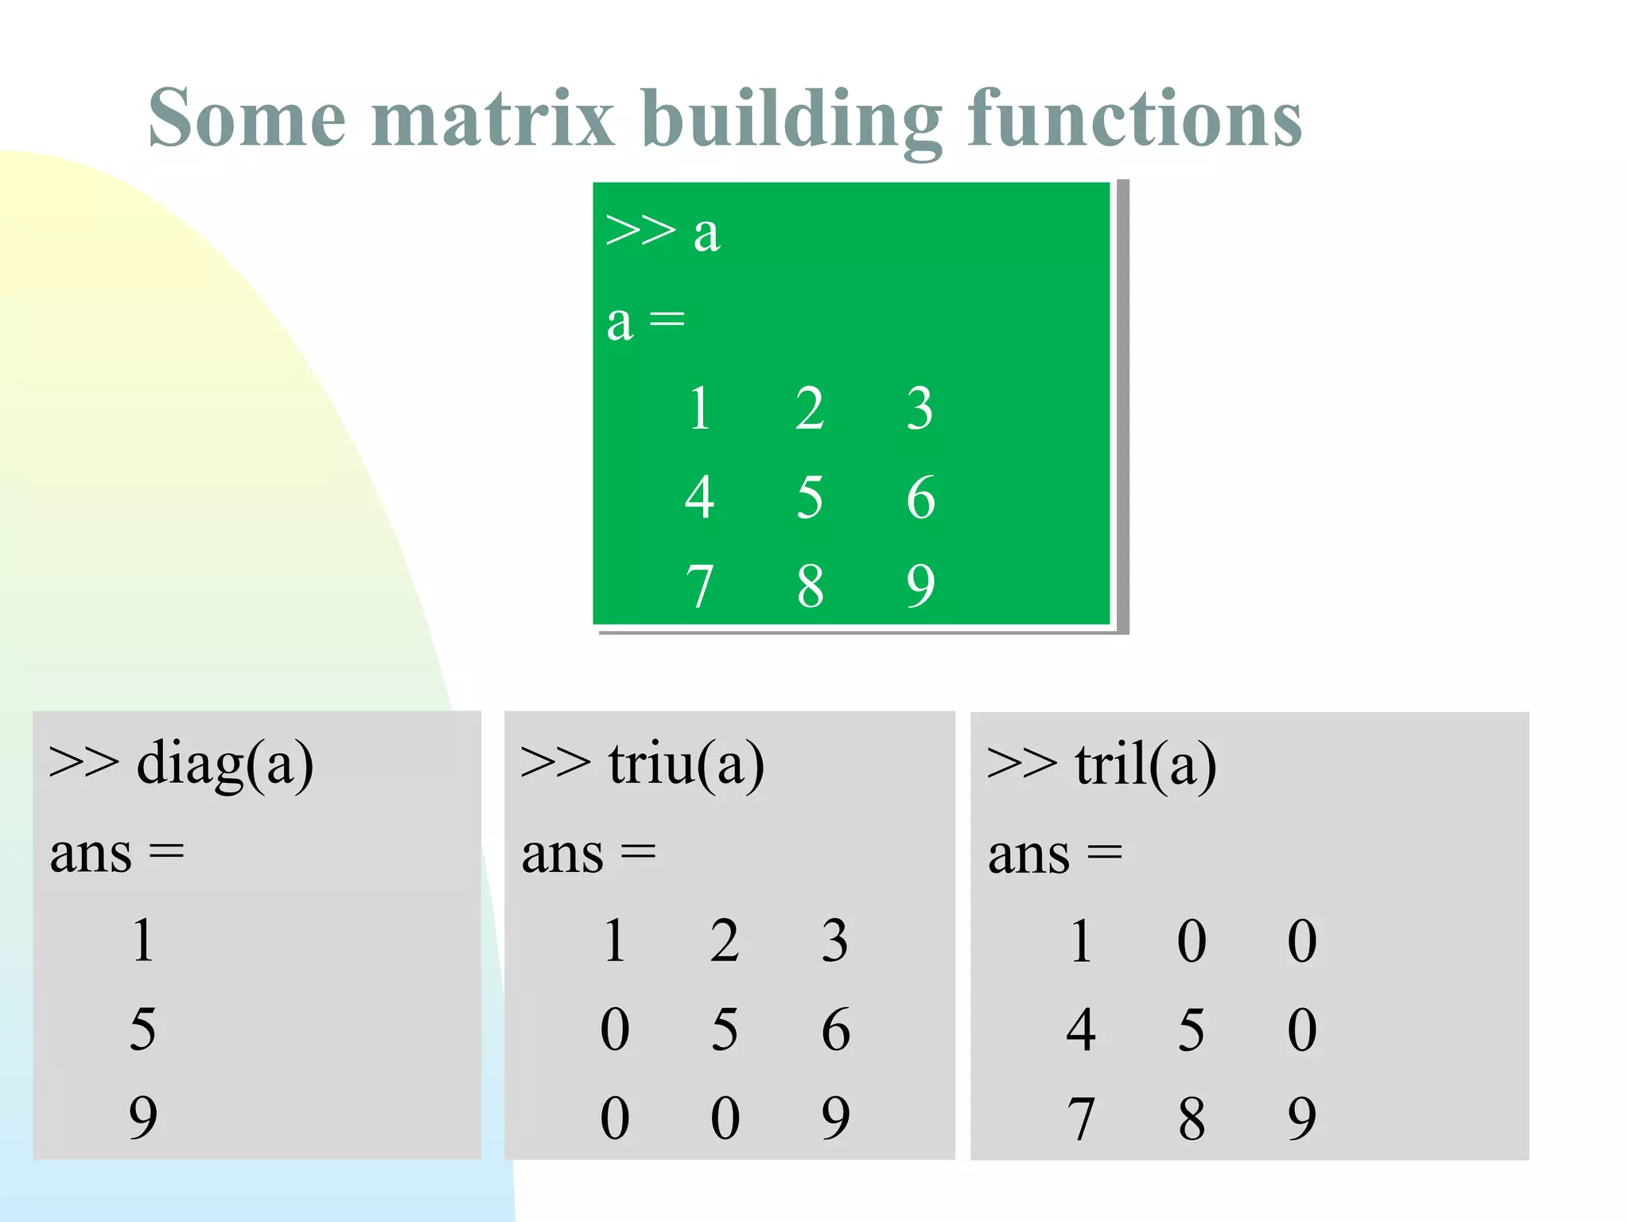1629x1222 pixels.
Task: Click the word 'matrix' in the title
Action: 492,119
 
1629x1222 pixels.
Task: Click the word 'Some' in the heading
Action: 247,119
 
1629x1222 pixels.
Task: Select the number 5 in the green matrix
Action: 810,498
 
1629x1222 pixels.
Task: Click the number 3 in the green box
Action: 919,409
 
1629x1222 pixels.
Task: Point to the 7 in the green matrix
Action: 699,587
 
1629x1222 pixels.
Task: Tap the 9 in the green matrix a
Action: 920,587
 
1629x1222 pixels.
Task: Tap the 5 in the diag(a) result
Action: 143,1029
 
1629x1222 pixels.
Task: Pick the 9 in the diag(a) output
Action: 143,1118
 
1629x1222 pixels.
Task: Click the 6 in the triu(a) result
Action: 835,1029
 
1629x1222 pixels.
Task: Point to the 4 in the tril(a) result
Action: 1081,1029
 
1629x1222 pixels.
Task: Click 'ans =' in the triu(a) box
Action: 589,854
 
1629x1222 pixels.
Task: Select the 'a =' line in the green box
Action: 645,321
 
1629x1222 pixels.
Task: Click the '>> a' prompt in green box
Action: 663,232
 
